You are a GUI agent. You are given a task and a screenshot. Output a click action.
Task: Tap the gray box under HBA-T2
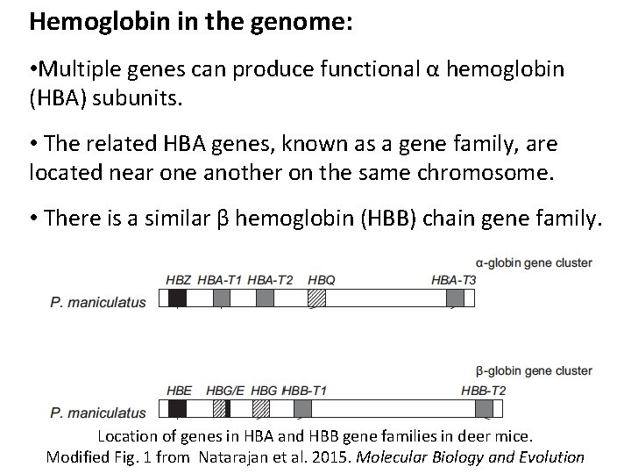click(266, 298)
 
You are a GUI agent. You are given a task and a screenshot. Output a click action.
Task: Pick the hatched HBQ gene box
click(316, 298)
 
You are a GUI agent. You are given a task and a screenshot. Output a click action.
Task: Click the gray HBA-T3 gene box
click(455, 298)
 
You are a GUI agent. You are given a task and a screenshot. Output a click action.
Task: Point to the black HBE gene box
click(176, 408)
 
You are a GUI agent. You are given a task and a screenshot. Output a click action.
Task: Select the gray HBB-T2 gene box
click(483, 408)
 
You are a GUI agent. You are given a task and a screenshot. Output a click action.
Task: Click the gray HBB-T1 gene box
click(302, 408)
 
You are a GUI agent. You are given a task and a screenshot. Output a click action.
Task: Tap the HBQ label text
click(322, 279)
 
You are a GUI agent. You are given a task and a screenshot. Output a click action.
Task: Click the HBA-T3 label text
click(454, 279)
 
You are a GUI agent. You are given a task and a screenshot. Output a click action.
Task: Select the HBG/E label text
click(225, 389)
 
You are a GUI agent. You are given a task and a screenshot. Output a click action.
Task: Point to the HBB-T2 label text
click(483, 389)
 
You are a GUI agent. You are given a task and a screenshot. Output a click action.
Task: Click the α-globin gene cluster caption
click(534, 262)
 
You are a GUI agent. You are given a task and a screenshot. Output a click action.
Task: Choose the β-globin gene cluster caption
click(534, 371)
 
